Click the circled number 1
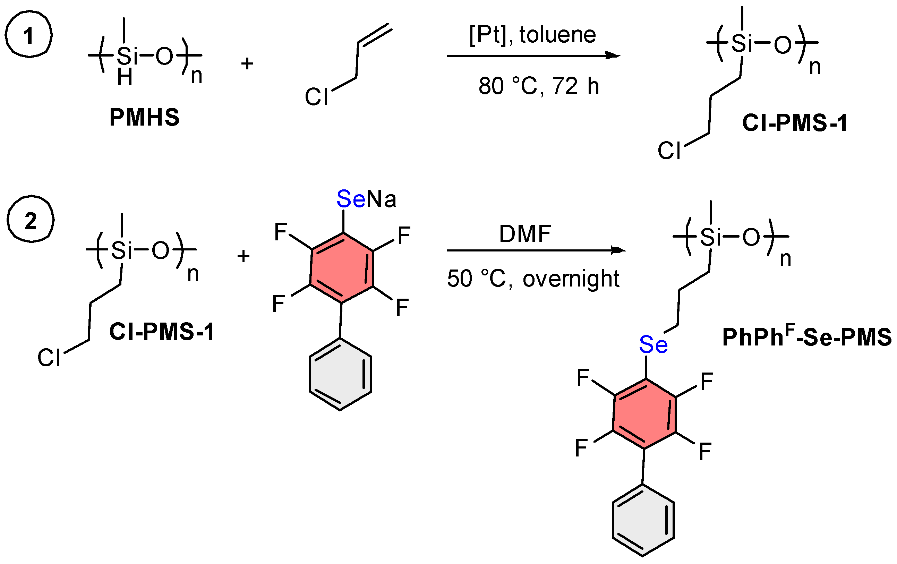tap(28, 34)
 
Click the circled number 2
tap(31, 220)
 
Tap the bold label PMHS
tap(144, 117)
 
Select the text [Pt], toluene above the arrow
tap(532, 35)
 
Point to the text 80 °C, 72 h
tap(538, 86)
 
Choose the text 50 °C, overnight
tap(533, 279)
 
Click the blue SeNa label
tap(366, 198)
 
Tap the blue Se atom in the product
tap(653, 344)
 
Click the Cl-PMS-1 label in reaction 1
tap(795, 122)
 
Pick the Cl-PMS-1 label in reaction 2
tap(162, 331)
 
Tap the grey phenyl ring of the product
tap(643, 520)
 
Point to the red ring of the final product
tap(644, 413)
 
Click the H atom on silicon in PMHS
tap(125, 77)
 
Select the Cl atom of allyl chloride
tap(316, 97)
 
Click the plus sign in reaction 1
tap(247, 64)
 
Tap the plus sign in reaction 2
tap(243, 256)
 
